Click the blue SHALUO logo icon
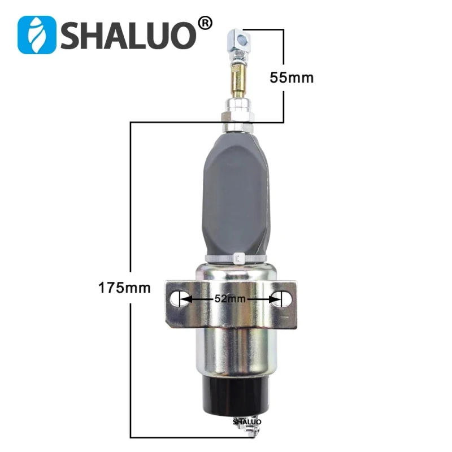37,35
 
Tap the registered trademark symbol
206,23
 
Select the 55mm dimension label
292,78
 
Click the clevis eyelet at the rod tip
241,39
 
